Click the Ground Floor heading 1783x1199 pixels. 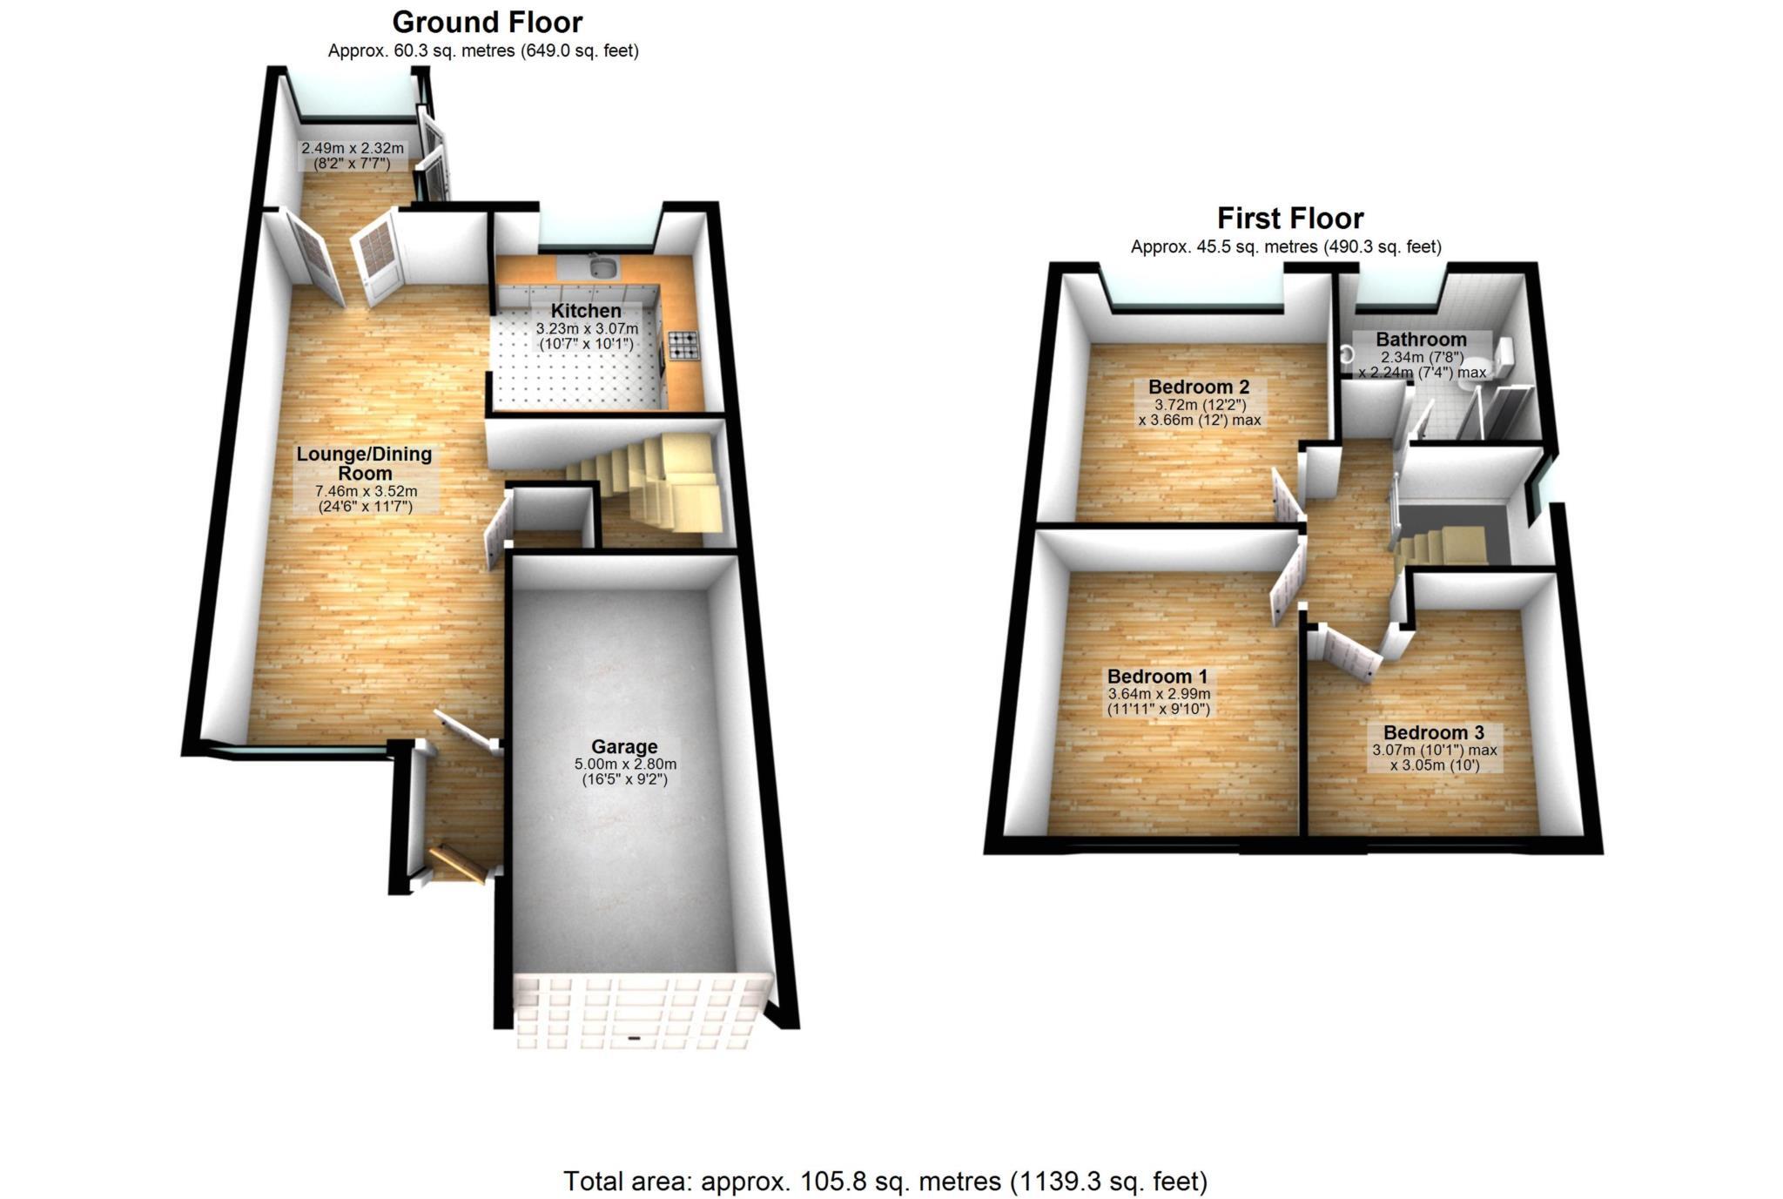pyautogui.click(x=487, y=22)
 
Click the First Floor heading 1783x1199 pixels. pyautogui.click(x=1289, y=218)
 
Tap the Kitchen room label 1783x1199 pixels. pyautogui.click(x=586, y=311)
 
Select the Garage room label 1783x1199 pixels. pyautogui.click(x=624, y=747)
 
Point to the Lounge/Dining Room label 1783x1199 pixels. pyautogui.click(x=364, y=463)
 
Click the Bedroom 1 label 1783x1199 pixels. pyautogui.click(x=1157, y=677)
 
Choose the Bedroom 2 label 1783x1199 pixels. pyautogui.click(x=1199, y=387)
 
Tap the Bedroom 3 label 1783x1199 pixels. pyautogui.click(x=1433, y=733)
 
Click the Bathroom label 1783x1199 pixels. pyautogui.click(x=1421, y=340)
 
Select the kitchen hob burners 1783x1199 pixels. pyautogui.click(x=683, y=345)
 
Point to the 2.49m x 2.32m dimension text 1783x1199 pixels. pyautogui.click(x=352, y=149)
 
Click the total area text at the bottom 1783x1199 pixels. pyautogui.click(x=885, y=1182)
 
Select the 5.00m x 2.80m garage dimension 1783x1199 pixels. pyautogui.click(x=624, y=765)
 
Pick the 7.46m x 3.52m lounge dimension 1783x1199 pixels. pyautogui.click(x=366, y=491)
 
